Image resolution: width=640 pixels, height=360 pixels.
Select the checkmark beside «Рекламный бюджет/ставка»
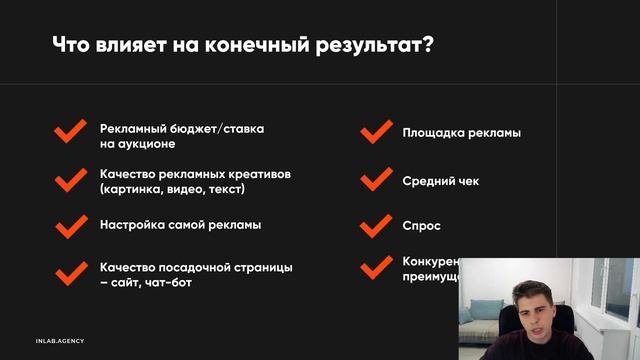(70, 133)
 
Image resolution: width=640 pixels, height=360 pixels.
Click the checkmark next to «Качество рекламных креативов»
(70, 180)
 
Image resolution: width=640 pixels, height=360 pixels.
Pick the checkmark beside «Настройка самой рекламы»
(70, 225)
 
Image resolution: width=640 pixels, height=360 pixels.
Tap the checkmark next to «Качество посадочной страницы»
(70, 273)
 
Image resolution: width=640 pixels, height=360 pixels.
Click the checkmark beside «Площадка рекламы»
(375, 133)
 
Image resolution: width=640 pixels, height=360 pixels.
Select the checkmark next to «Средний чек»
(375, 181)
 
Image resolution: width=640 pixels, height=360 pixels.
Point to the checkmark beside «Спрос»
(375, 226)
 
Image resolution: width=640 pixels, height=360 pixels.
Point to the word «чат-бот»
(168, 283)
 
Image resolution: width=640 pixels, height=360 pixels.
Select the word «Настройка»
(131, 225)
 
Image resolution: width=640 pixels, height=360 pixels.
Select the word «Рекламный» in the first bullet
(132, 128)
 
